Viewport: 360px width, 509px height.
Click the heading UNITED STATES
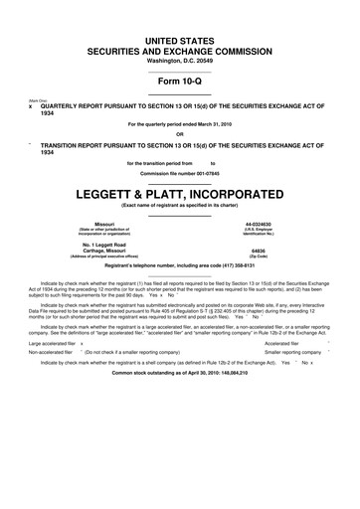pos(179,36)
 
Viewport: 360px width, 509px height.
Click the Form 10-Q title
pos(179,81)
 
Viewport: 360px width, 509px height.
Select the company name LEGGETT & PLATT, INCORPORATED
pos(179,192)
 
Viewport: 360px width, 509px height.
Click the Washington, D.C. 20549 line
pos(179,61)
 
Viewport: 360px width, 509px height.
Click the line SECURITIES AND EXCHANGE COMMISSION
pos(179,47)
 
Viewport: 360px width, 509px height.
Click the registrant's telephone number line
pos(179,266)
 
